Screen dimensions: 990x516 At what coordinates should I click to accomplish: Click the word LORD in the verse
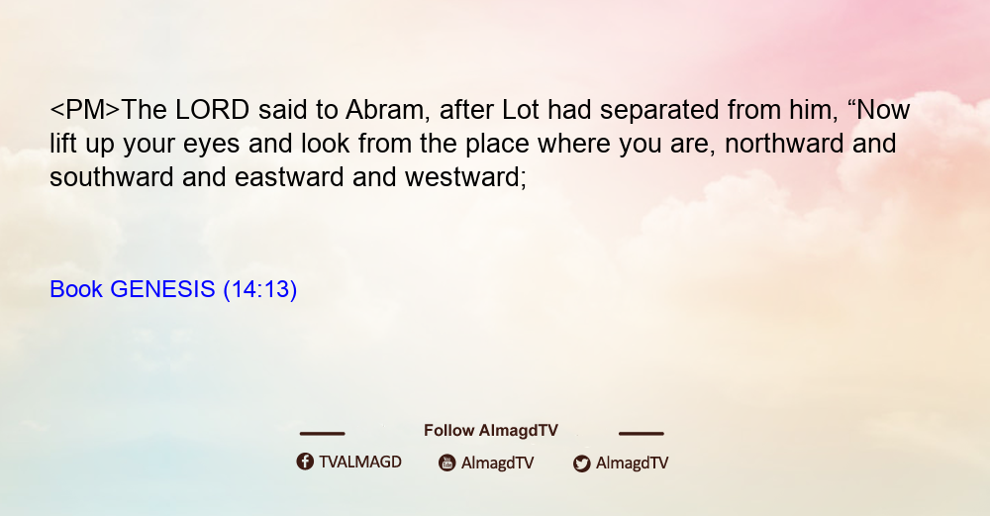pos(212,110)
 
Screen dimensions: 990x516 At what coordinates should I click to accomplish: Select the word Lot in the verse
pos(521,110)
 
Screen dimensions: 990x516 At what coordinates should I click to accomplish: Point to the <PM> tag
pos(84,110)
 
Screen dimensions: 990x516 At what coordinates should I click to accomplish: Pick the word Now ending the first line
pos(884,110)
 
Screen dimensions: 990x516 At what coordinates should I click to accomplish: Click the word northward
pos(784,144)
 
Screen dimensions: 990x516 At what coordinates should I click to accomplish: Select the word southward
pos(112,177)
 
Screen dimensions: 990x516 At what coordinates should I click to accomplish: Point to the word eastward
pos(289,177)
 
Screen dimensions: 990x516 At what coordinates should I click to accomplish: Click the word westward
pos(466,177)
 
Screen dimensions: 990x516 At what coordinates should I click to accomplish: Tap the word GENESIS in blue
pos(163,289)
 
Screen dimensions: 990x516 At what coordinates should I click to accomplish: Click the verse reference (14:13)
pos(260,290)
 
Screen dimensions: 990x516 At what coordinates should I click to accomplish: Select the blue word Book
pos(76,289)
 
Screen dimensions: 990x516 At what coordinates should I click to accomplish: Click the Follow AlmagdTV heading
pos(491,430)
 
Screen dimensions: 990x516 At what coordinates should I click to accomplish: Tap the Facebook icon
pos(305,462)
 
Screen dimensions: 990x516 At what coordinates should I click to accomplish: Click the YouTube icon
pos(447,463)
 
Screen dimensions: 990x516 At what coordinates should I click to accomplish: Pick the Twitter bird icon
pos(581,464)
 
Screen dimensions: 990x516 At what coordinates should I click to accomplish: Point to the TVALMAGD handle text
pos(360,462)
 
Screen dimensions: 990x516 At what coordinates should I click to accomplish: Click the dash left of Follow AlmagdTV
pos(322,433)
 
